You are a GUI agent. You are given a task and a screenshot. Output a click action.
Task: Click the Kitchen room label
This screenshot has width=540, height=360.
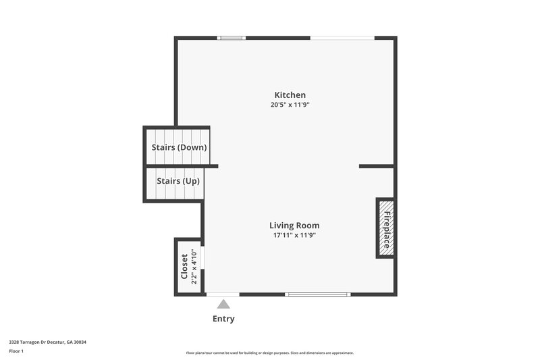pos(290,95)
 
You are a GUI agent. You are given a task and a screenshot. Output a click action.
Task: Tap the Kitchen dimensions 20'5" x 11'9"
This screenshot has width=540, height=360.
pos(290,105)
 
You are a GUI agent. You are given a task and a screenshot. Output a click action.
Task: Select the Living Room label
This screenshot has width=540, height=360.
pos(294,226)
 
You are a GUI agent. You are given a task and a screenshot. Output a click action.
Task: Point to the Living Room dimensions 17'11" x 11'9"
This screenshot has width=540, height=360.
pos(294,236)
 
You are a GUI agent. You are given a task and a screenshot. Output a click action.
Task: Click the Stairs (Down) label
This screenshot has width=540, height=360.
pos(179,147)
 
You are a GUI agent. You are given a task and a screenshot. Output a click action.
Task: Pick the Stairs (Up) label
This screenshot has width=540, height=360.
pos(178,181)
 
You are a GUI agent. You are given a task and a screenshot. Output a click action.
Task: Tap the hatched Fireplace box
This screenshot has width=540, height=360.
pos(386,228)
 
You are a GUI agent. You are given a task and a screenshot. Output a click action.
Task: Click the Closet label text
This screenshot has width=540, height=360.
pos(184,267)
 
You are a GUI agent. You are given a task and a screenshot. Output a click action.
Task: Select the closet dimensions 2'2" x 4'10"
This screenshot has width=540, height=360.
pos(194,267)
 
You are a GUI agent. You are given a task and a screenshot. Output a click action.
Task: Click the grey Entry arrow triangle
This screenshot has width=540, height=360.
pos(223,305)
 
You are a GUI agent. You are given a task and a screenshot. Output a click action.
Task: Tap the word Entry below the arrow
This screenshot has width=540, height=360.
pos(223,319)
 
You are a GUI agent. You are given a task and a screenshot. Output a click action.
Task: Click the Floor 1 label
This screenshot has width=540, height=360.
pos(16,351)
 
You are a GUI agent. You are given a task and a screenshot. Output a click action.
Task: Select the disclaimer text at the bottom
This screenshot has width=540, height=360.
pos(270,353)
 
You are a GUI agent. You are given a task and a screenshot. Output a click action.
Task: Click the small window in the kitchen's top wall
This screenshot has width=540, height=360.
pos(231,38)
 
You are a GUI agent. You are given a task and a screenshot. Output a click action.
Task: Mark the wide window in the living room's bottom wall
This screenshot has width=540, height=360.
pos(318,294)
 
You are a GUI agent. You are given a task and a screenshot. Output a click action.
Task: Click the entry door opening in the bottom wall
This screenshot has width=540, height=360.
pos(223,294)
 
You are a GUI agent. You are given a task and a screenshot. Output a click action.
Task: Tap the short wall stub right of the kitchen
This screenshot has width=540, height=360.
pos(376,166)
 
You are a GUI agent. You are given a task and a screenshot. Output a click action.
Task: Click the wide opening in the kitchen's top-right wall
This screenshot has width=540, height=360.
pos(342,38)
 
